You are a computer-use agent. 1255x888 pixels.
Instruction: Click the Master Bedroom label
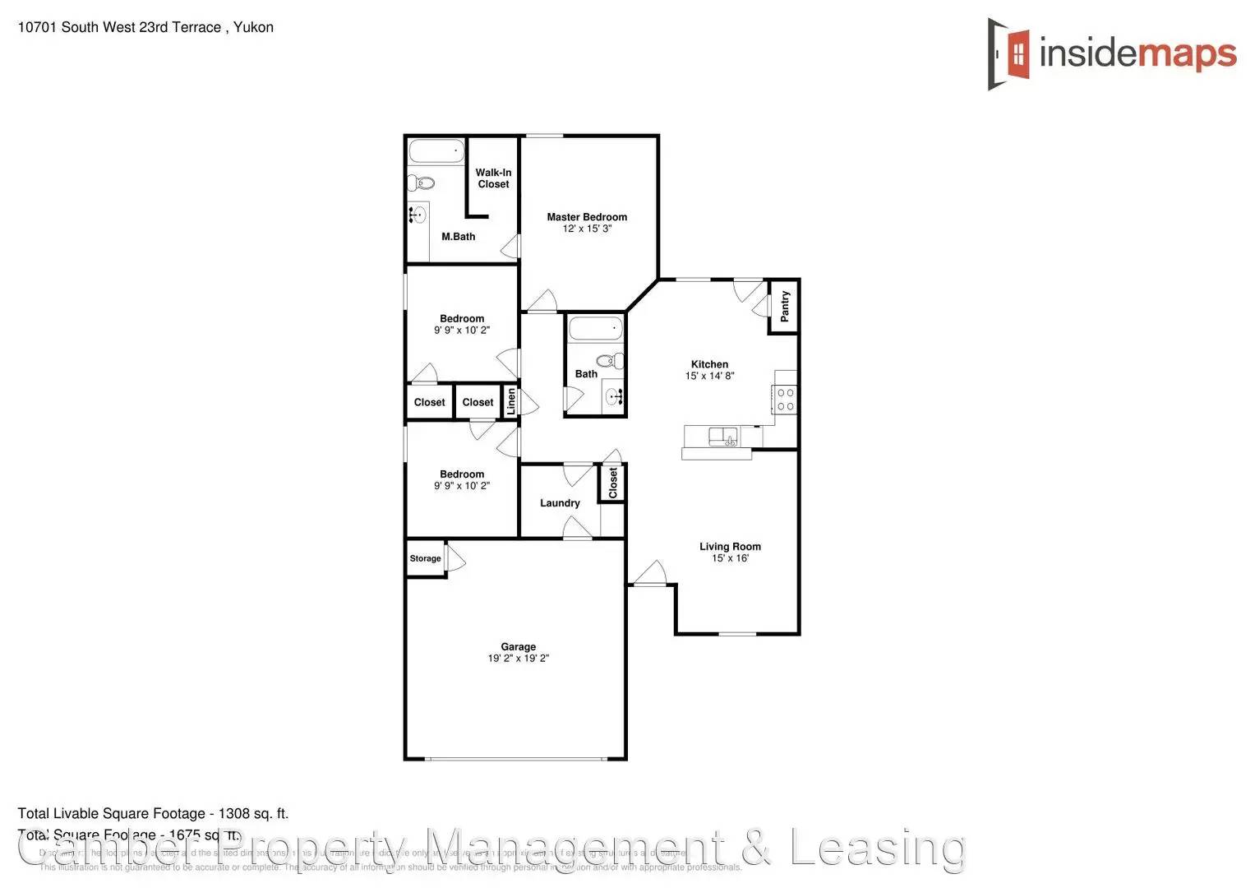587,217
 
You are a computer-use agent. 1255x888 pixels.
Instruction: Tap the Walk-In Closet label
493,178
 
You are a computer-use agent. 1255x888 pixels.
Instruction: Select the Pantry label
785,306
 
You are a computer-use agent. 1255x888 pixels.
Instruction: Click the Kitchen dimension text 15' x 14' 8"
709,376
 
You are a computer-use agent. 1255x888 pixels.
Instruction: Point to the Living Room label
730,547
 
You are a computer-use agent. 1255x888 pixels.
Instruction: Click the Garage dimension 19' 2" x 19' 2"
518,659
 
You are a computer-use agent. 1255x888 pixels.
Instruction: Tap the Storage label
425,558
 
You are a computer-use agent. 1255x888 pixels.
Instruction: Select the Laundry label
560,503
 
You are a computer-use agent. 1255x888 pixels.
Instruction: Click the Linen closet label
511,401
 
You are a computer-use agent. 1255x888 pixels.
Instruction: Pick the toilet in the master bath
421,183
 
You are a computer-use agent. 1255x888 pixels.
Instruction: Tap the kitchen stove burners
785,400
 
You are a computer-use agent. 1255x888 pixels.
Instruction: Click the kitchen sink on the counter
723,437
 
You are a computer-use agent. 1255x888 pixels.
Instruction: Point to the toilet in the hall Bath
610,360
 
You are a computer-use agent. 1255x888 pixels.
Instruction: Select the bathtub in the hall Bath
595,329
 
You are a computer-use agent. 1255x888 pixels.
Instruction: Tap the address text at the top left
145,27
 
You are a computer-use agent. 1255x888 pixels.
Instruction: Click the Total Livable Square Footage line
153,814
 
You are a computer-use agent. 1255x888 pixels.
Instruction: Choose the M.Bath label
458,237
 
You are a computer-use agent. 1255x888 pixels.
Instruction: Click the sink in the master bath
418,216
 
